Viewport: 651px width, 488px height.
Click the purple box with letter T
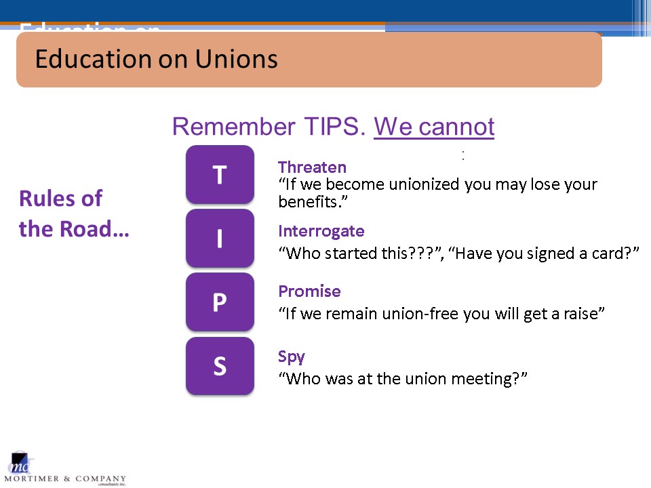[220, 174]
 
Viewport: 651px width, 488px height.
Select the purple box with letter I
[220, 238]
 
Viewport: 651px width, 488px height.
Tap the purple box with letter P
[220, 302]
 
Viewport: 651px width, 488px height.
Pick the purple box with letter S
[220, 366]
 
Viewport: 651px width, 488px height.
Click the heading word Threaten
[312, 167]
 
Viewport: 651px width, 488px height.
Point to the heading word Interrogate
[321, 232]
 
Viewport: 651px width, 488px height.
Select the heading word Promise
[309, 291]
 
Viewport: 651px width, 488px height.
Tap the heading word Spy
[292, 357]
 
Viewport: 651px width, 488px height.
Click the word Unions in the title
[236, 59]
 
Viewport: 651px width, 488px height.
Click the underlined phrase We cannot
[434, 126]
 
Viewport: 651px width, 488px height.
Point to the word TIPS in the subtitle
[334, 126]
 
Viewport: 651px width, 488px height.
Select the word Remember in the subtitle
[234, 126]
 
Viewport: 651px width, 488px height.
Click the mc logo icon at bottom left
[20, 463]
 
